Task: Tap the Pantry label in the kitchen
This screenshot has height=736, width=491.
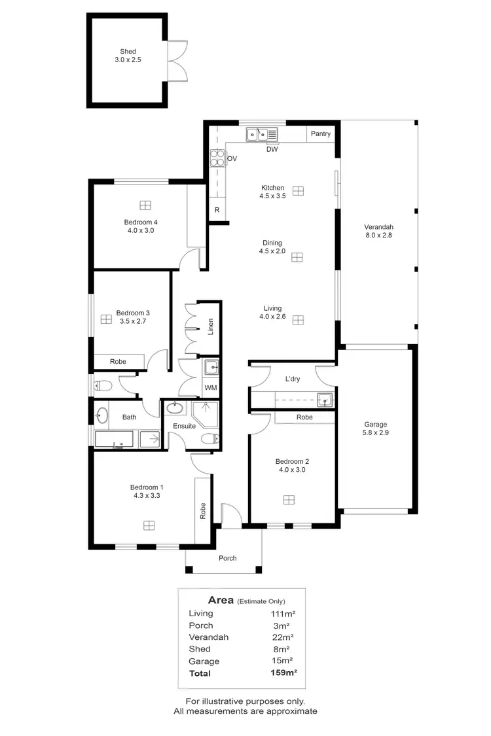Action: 321,134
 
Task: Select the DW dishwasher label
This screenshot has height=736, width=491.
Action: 272,149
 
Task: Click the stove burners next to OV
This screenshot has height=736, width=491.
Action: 217,158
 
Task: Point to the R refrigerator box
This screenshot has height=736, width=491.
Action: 217,211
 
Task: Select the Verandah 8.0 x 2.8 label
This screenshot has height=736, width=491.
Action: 378,231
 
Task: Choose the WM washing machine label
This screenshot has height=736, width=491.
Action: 211,388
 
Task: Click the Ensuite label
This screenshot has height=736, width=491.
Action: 184,426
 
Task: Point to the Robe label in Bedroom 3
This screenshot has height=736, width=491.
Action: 118,361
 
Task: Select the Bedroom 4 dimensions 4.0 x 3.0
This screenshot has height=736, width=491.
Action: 142,230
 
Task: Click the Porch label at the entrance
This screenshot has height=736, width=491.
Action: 227,558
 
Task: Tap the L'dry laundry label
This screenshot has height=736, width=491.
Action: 293,379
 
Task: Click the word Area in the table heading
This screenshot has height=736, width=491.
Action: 221,600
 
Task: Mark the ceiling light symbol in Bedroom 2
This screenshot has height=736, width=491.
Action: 289,500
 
